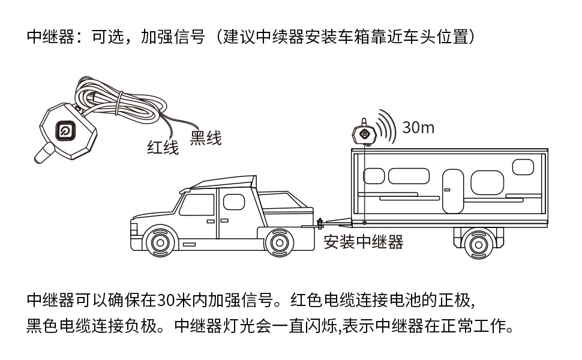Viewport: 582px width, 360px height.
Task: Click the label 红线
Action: tap(163, 148)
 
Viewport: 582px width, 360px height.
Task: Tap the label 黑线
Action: tap(206, 138)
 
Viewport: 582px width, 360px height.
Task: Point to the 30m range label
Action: tap(418, 127)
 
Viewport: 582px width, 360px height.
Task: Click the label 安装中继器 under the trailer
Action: tap(364, 242)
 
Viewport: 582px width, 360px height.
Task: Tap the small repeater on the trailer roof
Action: tap(364, 132)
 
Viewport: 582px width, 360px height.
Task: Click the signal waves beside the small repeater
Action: tap(386, 126)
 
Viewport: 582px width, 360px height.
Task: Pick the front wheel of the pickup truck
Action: tap(160, 243)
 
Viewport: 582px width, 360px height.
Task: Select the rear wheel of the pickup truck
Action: tap(279, 243)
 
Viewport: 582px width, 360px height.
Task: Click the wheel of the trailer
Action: tap(478, 245)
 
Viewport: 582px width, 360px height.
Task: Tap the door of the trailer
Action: tap(453, 191)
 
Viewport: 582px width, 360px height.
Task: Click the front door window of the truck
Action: tap(197, 205)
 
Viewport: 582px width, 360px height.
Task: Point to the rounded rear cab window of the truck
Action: tap(234, 202)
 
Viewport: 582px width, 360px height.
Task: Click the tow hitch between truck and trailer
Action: tap(320, 223)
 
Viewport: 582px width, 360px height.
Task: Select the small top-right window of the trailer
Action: tap(523, 167)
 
